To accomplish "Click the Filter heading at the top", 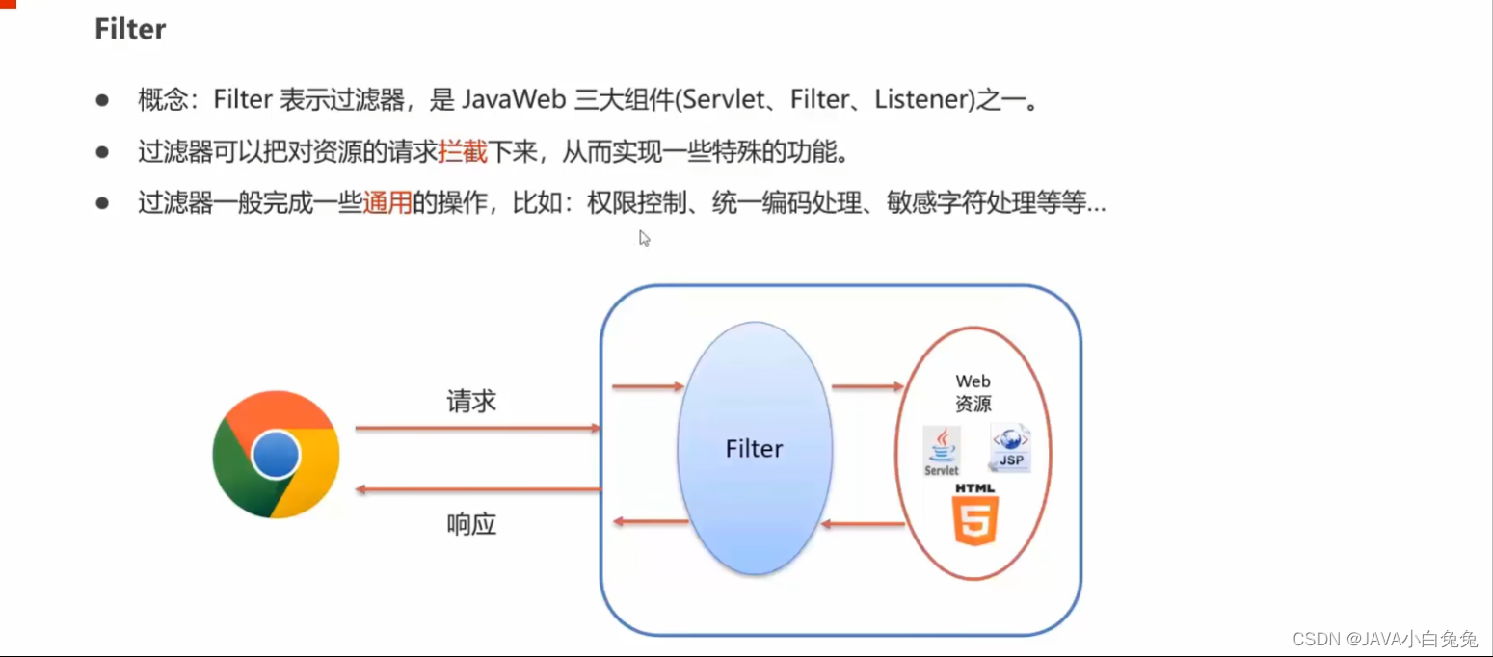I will pos(130,29).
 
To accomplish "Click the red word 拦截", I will pos(463,151).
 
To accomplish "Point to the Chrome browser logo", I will pos(276,455).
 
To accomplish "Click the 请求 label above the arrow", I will pos(471,401).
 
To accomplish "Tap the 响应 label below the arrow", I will pos(471,524).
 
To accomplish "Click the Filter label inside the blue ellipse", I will pos(754,449).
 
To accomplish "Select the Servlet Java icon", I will pos(942,451).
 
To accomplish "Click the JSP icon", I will pos(1010,448).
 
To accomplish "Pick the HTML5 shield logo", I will pos(976,515).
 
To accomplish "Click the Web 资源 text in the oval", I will pos(973,393).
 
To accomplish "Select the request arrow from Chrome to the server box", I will pos(477,429).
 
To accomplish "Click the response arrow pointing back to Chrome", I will pos(477,489).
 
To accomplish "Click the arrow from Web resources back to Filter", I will pos(863,525).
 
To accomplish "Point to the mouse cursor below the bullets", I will pos(644,237).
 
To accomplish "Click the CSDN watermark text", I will pos(1384,639).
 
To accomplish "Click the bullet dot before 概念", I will pos(102,100).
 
